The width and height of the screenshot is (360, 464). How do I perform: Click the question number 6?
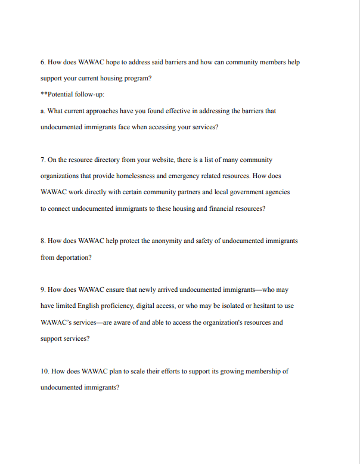43,62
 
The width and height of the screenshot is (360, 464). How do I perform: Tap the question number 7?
43,160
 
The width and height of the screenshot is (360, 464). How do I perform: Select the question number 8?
43,241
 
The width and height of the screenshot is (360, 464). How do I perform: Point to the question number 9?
43,289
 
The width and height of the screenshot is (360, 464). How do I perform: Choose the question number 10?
45,370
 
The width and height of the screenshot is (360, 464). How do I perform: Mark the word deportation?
71,257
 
